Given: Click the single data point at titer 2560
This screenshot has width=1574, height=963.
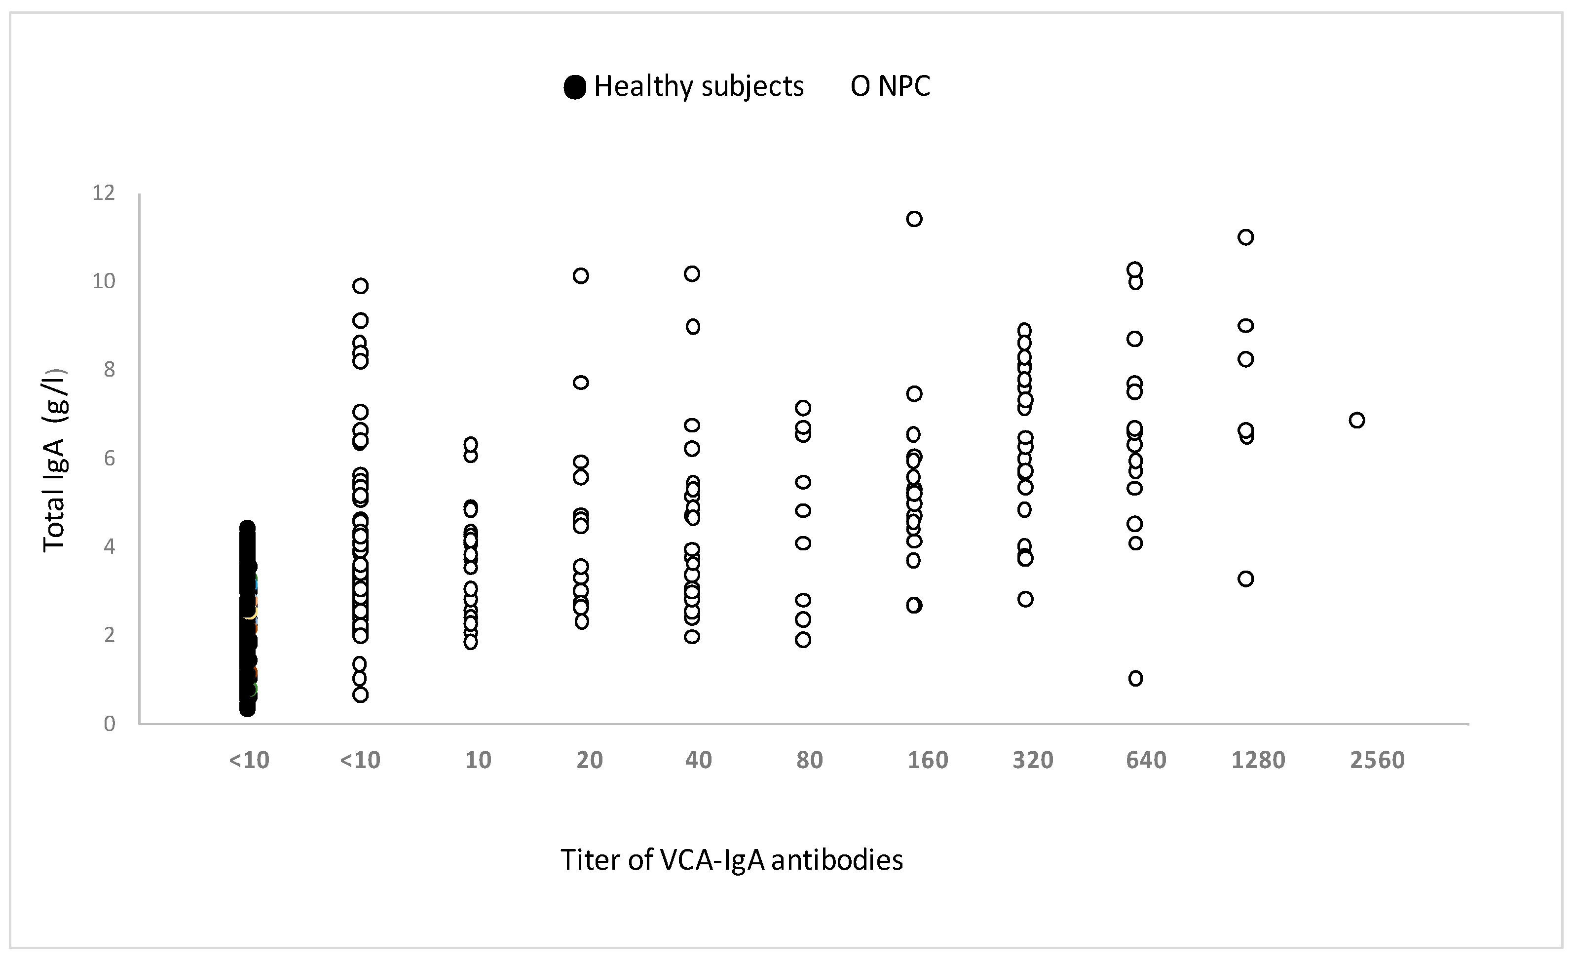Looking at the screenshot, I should pyautogui.click(x=1357, y=421).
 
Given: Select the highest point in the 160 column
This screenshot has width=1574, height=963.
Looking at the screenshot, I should pyautogui.click(x=914, y=219).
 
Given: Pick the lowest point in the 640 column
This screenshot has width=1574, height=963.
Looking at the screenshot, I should pyautogui.click(x=1135, y=679).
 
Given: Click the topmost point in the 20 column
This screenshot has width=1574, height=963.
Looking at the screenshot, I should pyautogui.click(x=581, y=276).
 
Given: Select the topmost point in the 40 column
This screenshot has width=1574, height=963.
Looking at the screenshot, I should pyautogui.click(x=692, y=274).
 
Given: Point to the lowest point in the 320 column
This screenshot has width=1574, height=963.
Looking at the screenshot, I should pyautogui.click(x=1025, y=599).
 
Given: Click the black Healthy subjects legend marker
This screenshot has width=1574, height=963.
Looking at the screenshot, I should pyautogui.click(x=575, y=87).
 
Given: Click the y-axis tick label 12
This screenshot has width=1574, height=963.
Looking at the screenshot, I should pyautogui.click(x=104, y=193).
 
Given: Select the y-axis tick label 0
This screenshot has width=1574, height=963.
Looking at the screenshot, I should pyautogui.click(x=109, y=724).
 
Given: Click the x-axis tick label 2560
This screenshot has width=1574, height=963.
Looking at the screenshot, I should pyautogui.click(x=1377, y=761).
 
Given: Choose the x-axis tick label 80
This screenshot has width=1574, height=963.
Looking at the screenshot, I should pyautogui.click(x=809, y=761).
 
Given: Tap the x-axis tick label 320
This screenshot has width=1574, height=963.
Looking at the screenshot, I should pyautogui.click(x=1032, y=761).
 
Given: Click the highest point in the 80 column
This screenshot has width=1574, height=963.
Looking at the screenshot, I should pyautogui.click(x=803, y=408).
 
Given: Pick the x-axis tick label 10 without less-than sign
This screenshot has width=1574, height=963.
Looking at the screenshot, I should pyautogui.click(x=478, y=761).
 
